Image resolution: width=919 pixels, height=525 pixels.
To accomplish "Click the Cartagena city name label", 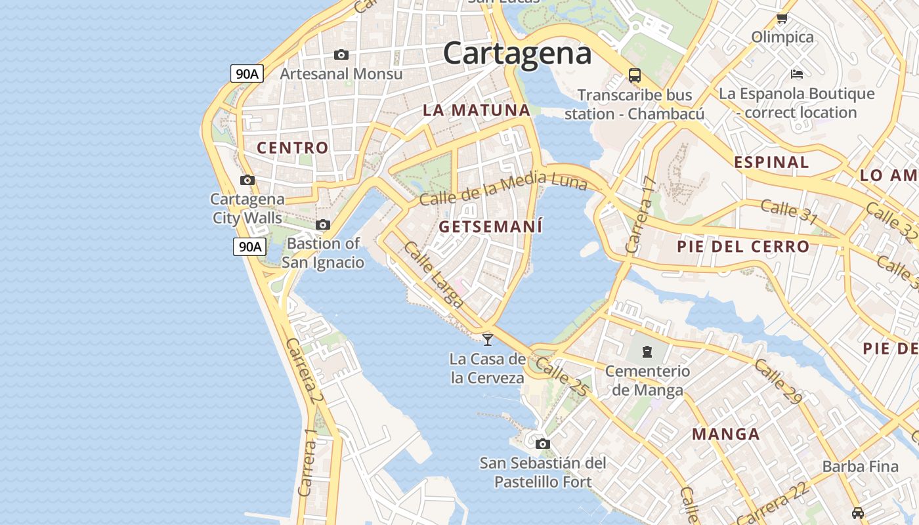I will point(517,52).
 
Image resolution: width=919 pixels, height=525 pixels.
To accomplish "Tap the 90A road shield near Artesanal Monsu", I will point(247,73).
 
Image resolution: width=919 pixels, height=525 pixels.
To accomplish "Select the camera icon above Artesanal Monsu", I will point(341,54).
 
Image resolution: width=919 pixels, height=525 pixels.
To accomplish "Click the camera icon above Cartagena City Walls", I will point(247,180).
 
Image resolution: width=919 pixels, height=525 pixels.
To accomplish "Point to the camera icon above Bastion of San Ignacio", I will point(323,224).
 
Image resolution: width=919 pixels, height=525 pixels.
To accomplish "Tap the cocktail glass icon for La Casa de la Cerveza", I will point(488,339).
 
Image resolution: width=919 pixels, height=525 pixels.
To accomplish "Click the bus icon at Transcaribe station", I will point(635,75).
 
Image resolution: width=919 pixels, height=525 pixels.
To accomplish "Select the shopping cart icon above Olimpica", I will point(782,18).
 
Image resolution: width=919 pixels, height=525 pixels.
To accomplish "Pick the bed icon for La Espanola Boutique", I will point(797,73).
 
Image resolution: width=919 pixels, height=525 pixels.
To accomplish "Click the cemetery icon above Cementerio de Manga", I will point(647,352).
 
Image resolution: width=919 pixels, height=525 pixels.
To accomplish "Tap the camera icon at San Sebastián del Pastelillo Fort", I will point(542,444).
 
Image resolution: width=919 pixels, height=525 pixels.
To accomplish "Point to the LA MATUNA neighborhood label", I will point(476,110).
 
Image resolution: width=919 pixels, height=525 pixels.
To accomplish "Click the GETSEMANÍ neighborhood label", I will point(490,227).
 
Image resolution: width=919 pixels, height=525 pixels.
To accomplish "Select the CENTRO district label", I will point(292,148).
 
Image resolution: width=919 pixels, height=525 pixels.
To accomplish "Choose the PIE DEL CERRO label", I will point(743,247).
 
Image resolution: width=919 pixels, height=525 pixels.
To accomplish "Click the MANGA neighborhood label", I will point(726,434).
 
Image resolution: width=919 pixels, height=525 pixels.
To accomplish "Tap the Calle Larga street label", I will point(434,275).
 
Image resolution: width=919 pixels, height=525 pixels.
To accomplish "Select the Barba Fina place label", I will point(860,467).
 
